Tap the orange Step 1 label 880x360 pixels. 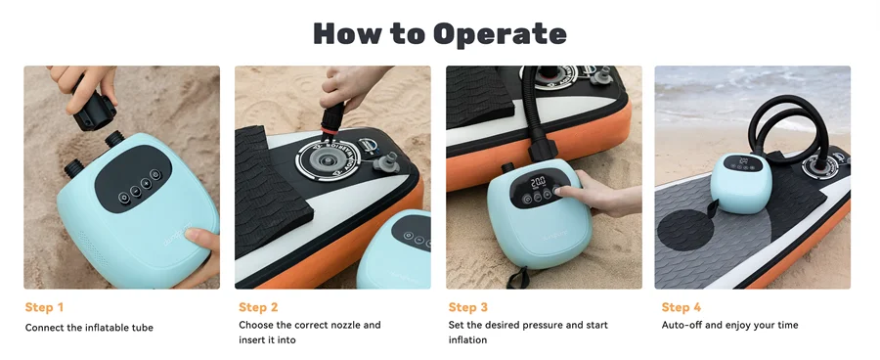click(x=45, y=307)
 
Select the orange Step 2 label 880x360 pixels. click(x=258, y=307)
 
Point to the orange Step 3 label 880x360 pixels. click(x=468, y=307)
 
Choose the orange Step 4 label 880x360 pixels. click(x=682, y=307)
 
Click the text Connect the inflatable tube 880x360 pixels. click(x=89, y=327)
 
